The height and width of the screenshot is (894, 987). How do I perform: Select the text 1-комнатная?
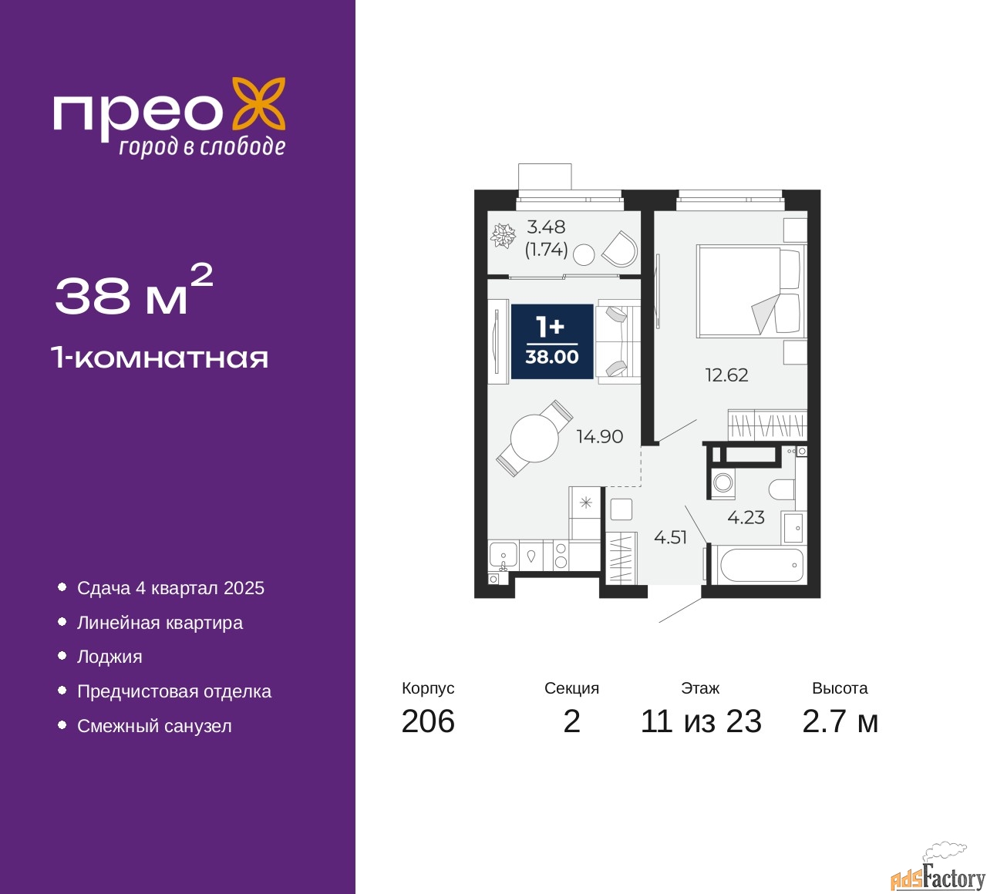[160, 358]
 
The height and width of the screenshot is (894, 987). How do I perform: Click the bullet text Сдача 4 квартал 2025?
[170, 588]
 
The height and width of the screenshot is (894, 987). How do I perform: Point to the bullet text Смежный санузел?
[154, 726]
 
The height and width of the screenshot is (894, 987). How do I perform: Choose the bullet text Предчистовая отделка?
[174, 691]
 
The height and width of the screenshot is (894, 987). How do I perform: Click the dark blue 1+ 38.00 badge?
[552, 341]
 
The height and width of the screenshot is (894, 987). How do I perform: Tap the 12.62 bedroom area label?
[726, 375]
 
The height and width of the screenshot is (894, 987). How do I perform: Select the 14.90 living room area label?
[599, 437]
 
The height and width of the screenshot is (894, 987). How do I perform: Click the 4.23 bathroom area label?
[746, 518]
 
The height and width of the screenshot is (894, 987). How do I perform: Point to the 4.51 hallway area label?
[670, 537]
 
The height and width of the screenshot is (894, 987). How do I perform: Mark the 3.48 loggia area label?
[546, 227]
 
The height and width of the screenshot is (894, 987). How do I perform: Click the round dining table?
[534, 438]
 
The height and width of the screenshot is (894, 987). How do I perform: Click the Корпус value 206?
[428, 721]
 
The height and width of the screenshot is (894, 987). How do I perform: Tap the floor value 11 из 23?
[701, 721]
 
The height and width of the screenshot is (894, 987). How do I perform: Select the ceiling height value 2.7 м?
[840, 721]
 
